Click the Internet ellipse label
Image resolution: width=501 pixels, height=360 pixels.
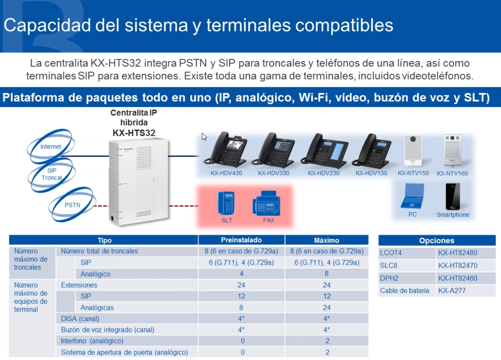(50, 147)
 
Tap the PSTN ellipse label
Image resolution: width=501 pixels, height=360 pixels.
(72, 205)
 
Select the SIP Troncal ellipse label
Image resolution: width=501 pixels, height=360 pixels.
(52, 174)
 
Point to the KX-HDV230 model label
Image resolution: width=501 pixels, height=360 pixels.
(324, 173)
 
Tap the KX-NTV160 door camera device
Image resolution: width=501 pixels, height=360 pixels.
(452, 150)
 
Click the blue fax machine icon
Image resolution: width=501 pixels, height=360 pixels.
(266, 203)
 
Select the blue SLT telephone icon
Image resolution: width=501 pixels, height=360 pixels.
(226, 203)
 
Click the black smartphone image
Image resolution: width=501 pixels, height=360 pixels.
(453, 196)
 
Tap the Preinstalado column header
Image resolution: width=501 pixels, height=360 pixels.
(241, 240)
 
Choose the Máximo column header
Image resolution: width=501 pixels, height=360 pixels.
(326, 240)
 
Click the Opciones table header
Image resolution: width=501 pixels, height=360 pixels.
(436, 240)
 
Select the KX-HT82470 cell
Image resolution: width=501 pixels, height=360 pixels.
(458, 265)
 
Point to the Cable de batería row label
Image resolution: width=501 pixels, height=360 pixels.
(404, 291)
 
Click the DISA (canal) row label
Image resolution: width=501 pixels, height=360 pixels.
(80, 318)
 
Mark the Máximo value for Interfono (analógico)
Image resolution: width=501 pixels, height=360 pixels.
(327, 341)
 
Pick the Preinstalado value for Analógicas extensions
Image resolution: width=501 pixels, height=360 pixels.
(241, 308)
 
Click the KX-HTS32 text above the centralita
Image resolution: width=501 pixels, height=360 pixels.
(134, 133)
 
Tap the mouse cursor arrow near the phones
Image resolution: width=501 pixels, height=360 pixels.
(204, 137)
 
